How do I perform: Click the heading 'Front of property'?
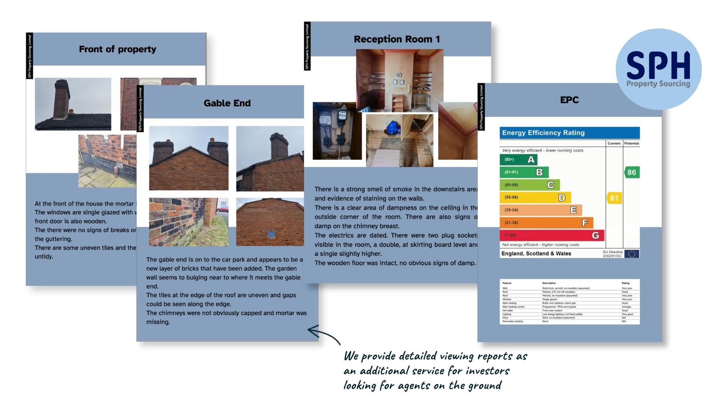pos(117,49)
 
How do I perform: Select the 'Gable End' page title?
pos(227,103)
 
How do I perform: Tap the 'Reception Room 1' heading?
pos(397,39)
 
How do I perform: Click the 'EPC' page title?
pos(569,100)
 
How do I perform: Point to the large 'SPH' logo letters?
pos(658,66)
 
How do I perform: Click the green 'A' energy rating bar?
pos(518,159)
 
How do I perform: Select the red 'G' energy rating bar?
pos(552,235)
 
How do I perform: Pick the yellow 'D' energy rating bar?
pos(535,198)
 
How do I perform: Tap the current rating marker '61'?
pos(614,198)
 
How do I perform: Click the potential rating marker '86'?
pos(631,173)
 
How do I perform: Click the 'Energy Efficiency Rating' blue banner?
pos(569,133)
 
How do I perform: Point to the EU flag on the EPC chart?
pos(631,254)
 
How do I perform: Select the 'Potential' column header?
pos(631,144)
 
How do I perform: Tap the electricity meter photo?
pos(337,131)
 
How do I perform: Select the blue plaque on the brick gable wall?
pos(271,234)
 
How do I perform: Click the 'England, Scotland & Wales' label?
pos(536,253)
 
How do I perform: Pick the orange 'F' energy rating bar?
pos(546,223)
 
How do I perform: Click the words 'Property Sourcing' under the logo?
pos(658,84)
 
